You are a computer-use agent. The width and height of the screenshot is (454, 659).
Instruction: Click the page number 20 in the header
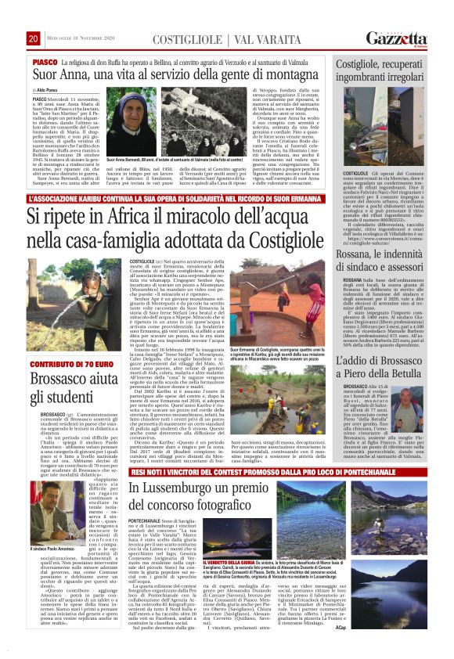tap(33, 38)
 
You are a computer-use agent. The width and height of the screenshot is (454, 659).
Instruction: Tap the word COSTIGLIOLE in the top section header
tap(189, 39)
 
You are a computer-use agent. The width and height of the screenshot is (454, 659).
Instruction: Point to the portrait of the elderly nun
tap(146, 122)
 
